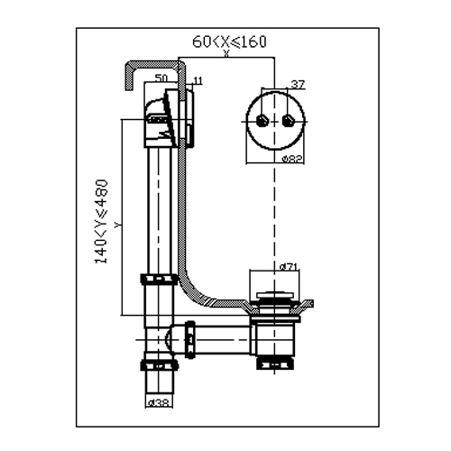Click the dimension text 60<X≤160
coord(229,41)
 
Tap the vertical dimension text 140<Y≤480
coord(101,222)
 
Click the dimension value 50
coord(161,78)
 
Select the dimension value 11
coord(198,80)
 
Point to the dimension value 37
coord(298,85)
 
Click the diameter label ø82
coord(292,159)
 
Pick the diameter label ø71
coord(289,266)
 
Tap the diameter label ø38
coord(160,402)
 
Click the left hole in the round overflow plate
coord(262,121)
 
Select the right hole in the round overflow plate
coord(289,121)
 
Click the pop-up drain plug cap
coord(274,295)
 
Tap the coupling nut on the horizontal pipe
coord(189,340)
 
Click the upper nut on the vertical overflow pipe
coord(159,279)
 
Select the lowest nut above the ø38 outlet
coord(159,365)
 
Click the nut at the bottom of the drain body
coord(275,363)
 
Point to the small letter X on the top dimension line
coord(226,53)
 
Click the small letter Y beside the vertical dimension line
coord(118,225)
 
